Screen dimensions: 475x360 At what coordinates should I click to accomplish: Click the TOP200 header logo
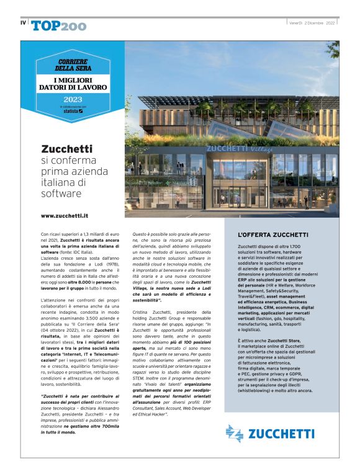pyautogui.click(x=59, y=25)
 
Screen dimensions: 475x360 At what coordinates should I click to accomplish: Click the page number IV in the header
pyautogui.click(x=23, y=24)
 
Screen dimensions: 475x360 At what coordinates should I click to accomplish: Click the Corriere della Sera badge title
pyautogui.click(x=72, y=65)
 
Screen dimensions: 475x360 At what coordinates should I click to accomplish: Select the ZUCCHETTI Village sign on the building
pyautogui.click(x=232, y=148)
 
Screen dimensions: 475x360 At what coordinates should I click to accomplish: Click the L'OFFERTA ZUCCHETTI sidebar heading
pyautogui.click(x=273, y=235)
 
